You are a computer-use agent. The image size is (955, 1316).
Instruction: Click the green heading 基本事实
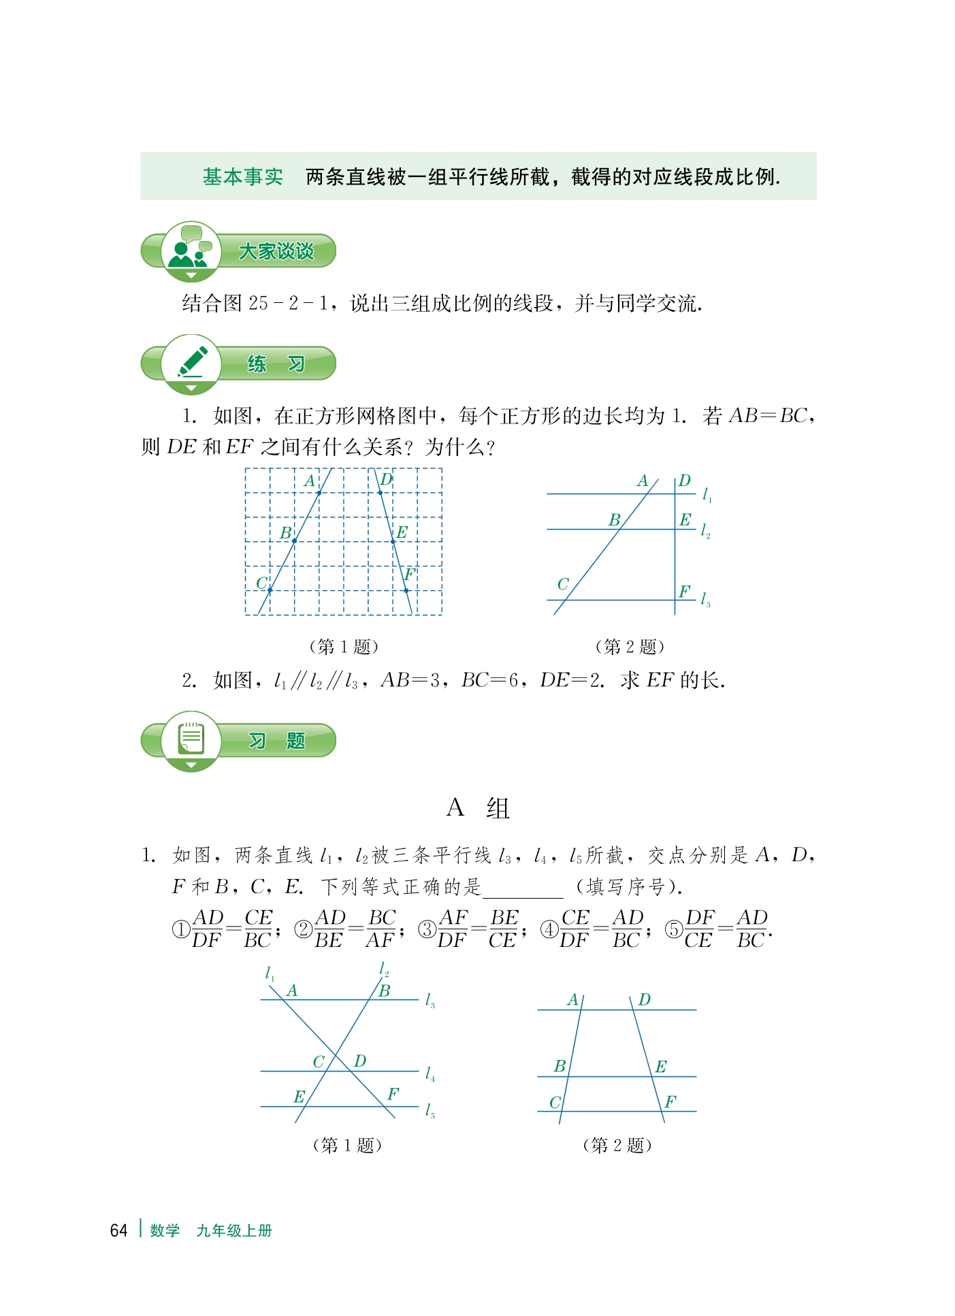pyautogui.click(x=242, y=177)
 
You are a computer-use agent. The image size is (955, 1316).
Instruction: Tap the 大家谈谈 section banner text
pyautogui.click(x=276, y=251)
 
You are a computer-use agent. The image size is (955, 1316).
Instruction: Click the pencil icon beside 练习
pyautogui.click(x=192, y=362)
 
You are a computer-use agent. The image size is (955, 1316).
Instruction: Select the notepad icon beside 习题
pyautogui.click(x=191, y=739)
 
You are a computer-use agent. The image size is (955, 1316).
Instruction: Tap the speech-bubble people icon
pyautogui.click(x=191, y=249)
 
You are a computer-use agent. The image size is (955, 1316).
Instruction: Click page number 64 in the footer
pyautogui.click(x=118, y=1230)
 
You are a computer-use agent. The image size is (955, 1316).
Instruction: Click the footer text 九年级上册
pyautogui.click(x=233, y=1230)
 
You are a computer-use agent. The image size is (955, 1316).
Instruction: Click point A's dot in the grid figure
pyautogui.click(x=319, y=493)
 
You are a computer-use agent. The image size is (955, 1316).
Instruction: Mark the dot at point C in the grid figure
pyautogui.click(x=270, y=590)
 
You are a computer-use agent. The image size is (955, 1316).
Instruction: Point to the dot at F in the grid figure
pyautogui.click(x=406, y=590)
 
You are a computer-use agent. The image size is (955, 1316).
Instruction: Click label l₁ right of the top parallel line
pyautogui.click(x=707, y=495)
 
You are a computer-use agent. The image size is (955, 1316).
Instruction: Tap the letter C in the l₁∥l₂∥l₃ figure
pyautogui.click(x=563, y=584)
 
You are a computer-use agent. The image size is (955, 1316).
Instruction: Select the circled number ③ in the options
pyautogui.click(x=427, y=929)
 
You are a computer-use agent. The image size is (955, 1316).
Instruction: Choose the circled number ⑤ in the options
pyautogui.click(x=673, y=929)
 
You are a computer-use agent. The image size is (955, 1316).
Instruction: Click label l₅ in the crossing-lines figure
pyautogui.click(x=430, y=1111)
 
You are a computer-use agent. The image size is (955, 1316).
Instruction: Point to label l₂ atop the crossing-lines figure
pyautogui.click(x=384, y=969)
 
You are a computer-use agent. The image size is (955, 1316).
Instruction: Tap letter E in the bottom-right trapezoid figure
pyautogui.click(x=660, y=1067)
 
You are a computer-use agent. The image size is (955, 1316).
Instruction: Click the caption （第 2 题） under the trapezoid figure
pyautogui.click(x=617, y=1145)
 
